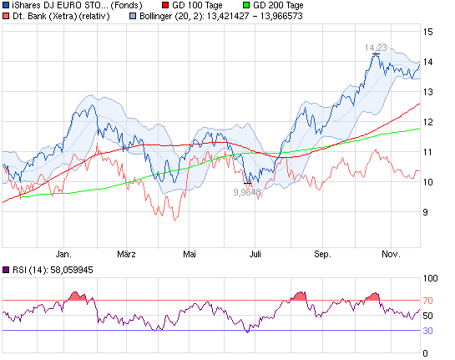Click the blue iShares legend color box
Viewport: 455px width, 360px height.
click(x=6, y=5)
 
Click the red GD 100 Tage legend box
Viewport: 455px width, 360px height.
click(x=164, y=5)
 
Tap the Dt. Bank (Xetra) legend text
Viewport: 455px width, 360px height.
click(x=49, y=15)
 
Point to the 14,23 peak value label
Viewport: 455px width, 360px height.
click(x=377, y=48)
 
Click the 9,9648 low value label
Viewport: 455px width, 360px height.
click(x=246, y=191)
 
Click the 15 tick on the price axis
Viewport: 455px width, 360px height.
click(x=428, y=32)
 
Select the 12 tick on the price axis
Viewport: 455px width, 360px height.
click(x=428, y=122)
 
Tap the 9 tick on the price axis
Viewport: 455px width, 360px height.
click(x=427, y=212)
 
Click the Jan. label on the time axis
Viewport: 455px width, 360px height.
click(x=63, y=253)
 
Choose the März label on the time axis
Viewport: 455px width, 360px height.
click(x=126, y=253)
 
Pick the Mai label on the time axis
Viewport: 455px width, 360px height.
click(x=190, y=253)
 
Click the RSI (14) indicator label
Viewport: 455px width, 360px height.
click(x=50, y=269)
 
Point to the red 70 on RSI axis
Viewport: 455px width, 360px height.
click(x=428, y=300)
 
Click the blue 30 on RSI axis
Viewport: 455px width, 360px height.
click(x=428, y=330)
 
